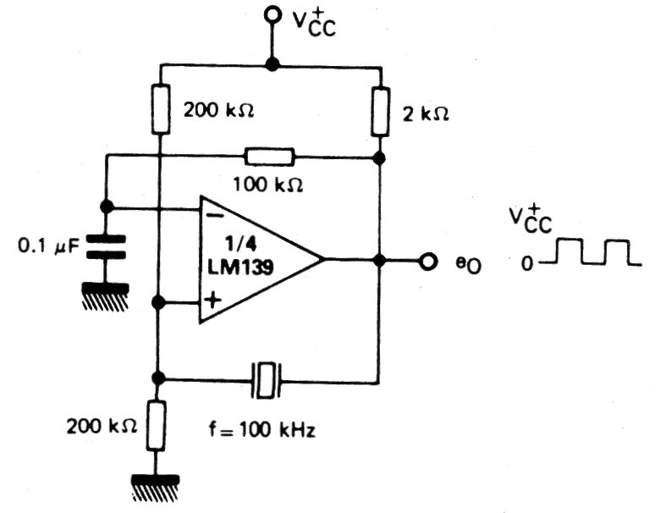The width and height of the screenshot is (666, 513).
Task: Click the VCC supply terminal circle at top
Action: point(272,14)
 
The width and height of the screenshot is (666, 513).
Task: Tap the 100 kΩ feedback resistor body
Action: point(269,156)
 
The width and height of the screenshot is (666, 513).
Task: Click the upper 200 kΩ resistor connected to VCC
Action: point(159,108)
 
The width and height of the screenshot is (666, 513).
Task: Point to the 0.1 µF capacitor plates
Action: point(107,247)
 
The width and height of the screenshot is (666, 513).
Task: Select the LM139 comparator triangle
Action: point(254,260)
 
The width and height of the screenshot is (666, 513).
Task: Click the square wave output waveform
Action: point(592,253)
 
